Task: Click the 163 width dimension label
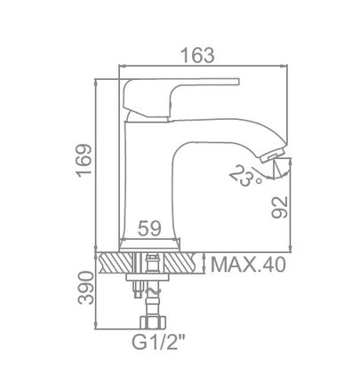click(x=197, y=55)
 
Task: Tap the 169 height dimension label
click(x=84, y=160)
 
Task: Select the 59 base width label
click(x=149, y=228)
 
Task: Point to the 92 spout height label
click(x=280, y=207)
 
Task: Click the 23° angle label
click(x=245, y=176)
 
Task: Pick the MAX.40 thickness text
click(x=248, y=265)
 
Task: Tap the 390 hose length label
click(x=85, y=288)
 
